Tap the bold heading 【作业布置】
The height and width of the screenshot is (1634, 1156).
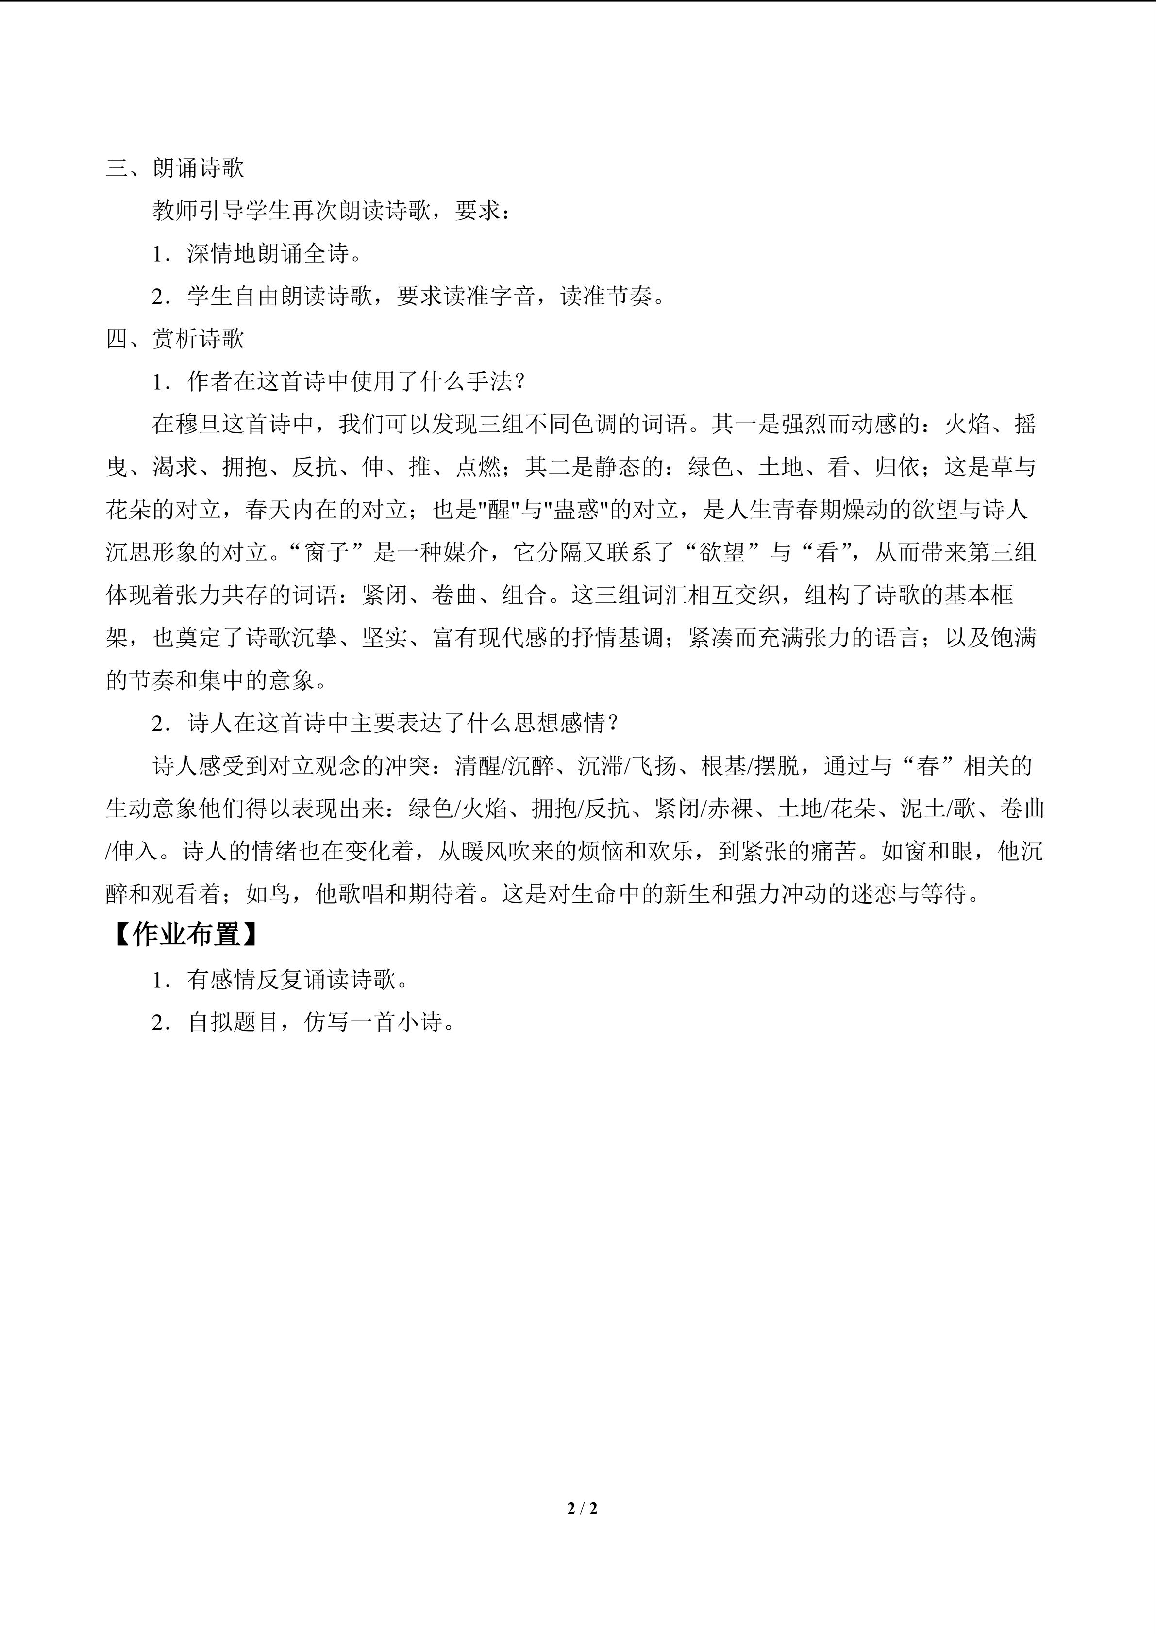click(x=185, y=935)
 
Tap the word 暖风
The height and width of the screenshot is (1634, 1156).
click(x=478, y=851)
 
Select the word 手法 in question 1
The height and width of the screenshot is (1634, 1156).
click(x=490, y=381)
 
